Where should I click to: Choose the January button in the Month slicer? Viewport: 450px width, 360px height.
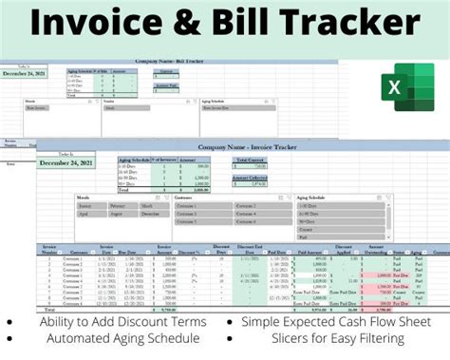click(x=85, y=204)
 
